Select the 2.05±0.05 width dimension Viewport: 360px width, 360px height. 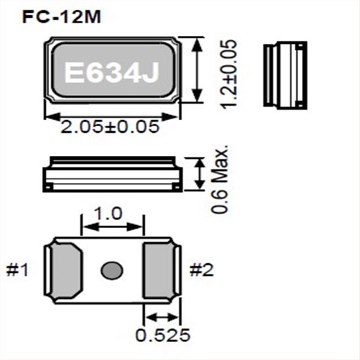coord(112,126)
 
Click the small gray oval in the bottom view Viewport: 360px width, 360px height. coord(112,270)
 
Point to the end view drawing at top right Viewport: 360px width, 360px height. coord(285,74)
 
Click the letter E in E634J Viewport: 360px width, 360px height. coord(73,73)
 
